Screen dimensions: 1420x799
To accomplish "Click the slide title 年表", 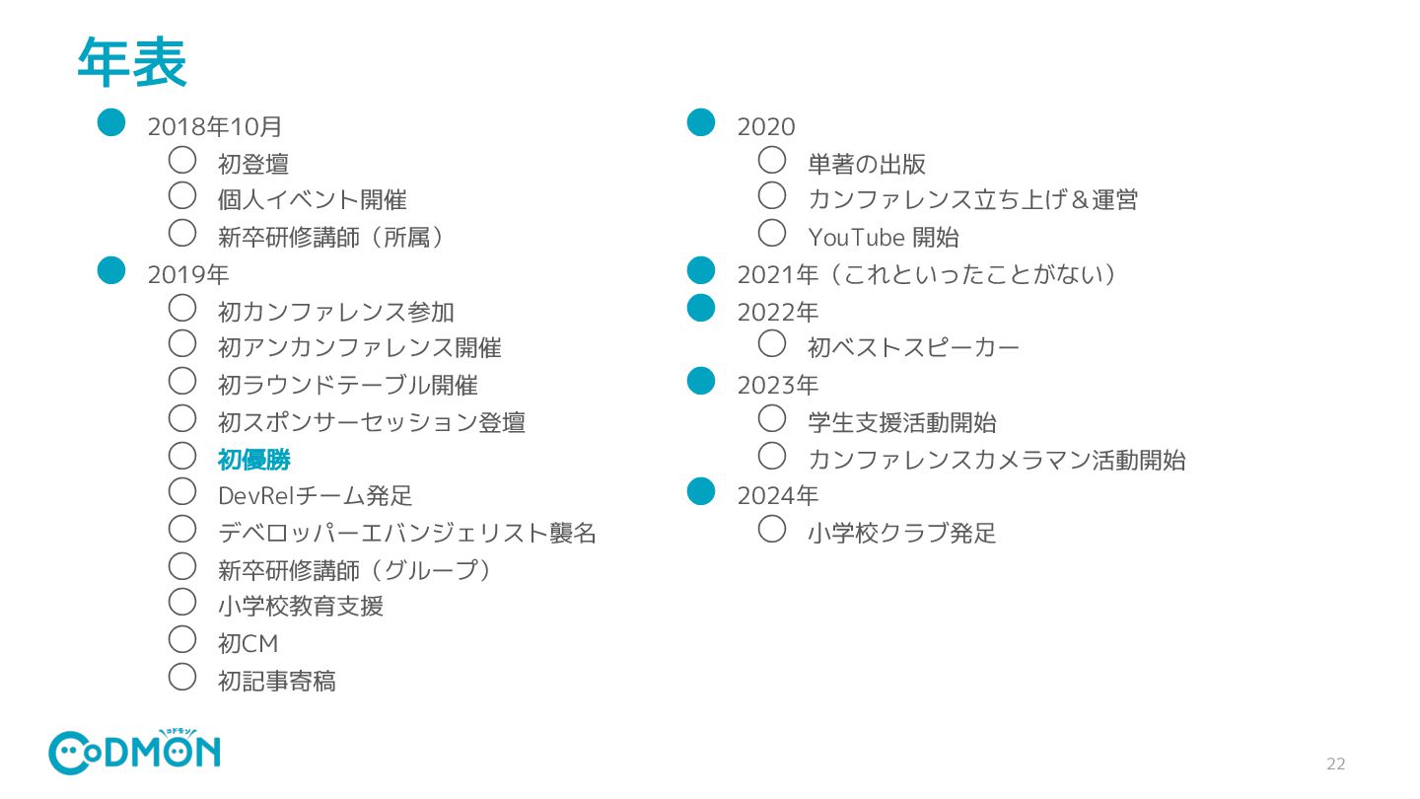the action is click(x=132, y=63).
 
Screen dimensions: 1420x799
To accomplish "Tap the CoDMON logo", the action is click(x=134, y=753).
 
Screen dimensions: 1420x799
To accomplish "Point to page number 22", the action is click(x=1335, y=764).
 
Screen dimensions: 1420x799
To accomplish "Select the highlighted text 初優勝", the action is click(x=253, y=460).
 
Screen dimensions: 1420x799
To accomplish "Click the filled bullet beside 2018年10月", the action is click(x=111, y=122).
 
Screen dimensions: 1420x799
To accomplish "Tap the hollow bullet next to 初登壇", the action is click(x=182, y=159).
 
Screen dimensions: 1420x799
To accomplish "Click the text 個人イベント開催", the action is click(x=312, y=200).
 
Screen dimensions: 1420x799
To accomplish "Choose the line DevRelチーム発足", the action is click(x=315, y=496).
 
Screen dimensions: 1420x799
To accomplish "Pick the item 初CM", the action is click(x=248, y=644).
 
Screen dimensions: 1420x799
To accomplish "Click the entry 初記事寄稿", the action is click(x=276, y=681).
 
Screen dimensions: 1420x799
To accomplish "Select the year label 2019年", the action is click(x=188, y=275).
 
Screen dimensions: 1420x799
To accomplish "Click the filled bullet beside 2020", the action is click(x=700, y=122).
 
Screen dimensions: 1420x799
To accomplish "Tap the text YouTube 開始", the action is click(x=883, y=238).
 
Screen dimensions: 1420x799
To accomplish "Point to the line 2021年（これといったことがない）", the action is click(x=926, y=275).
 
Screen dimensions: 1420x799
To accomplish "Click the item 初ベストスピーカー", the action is click(x=913, y=348).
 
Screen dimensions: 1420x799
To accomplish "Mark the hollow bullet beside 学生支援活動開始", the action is click(x=772, y=418).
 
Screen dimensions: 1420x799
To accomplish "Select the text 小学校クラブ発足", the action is click(x=901, y=534).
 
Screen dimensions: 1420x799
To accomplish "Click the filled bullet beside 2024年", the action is click(x=700, y=490).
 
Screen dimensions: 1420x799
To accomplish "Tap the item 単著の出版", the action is click(x=866, y=164).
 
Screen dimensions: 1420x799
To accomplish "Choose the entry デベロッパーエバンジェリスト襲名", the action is click(x=406, y=534).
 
